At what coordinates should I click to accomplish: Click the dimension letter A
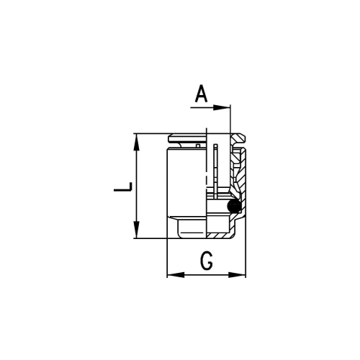pos(201,94)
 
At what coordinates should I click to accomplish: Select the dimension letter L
pos(123,186)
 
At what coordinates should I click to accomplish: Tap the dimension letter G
pos(207,261)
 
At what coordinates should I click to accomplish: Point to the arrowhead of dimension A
pos(222,108)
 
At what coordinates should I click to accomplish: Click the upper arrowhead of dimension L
pos(136,142)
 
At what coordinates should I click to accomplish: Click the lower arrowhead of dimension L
pos(136,230)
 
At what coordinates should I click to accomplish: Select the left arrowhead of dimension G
pos(176,275)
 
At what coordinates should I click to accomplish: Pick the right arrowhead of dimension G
pos(237,275)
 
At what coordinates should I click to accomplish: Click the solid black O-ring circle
pos(234,206)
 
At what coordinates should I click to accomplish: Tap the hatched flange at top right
pos(239,139)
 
